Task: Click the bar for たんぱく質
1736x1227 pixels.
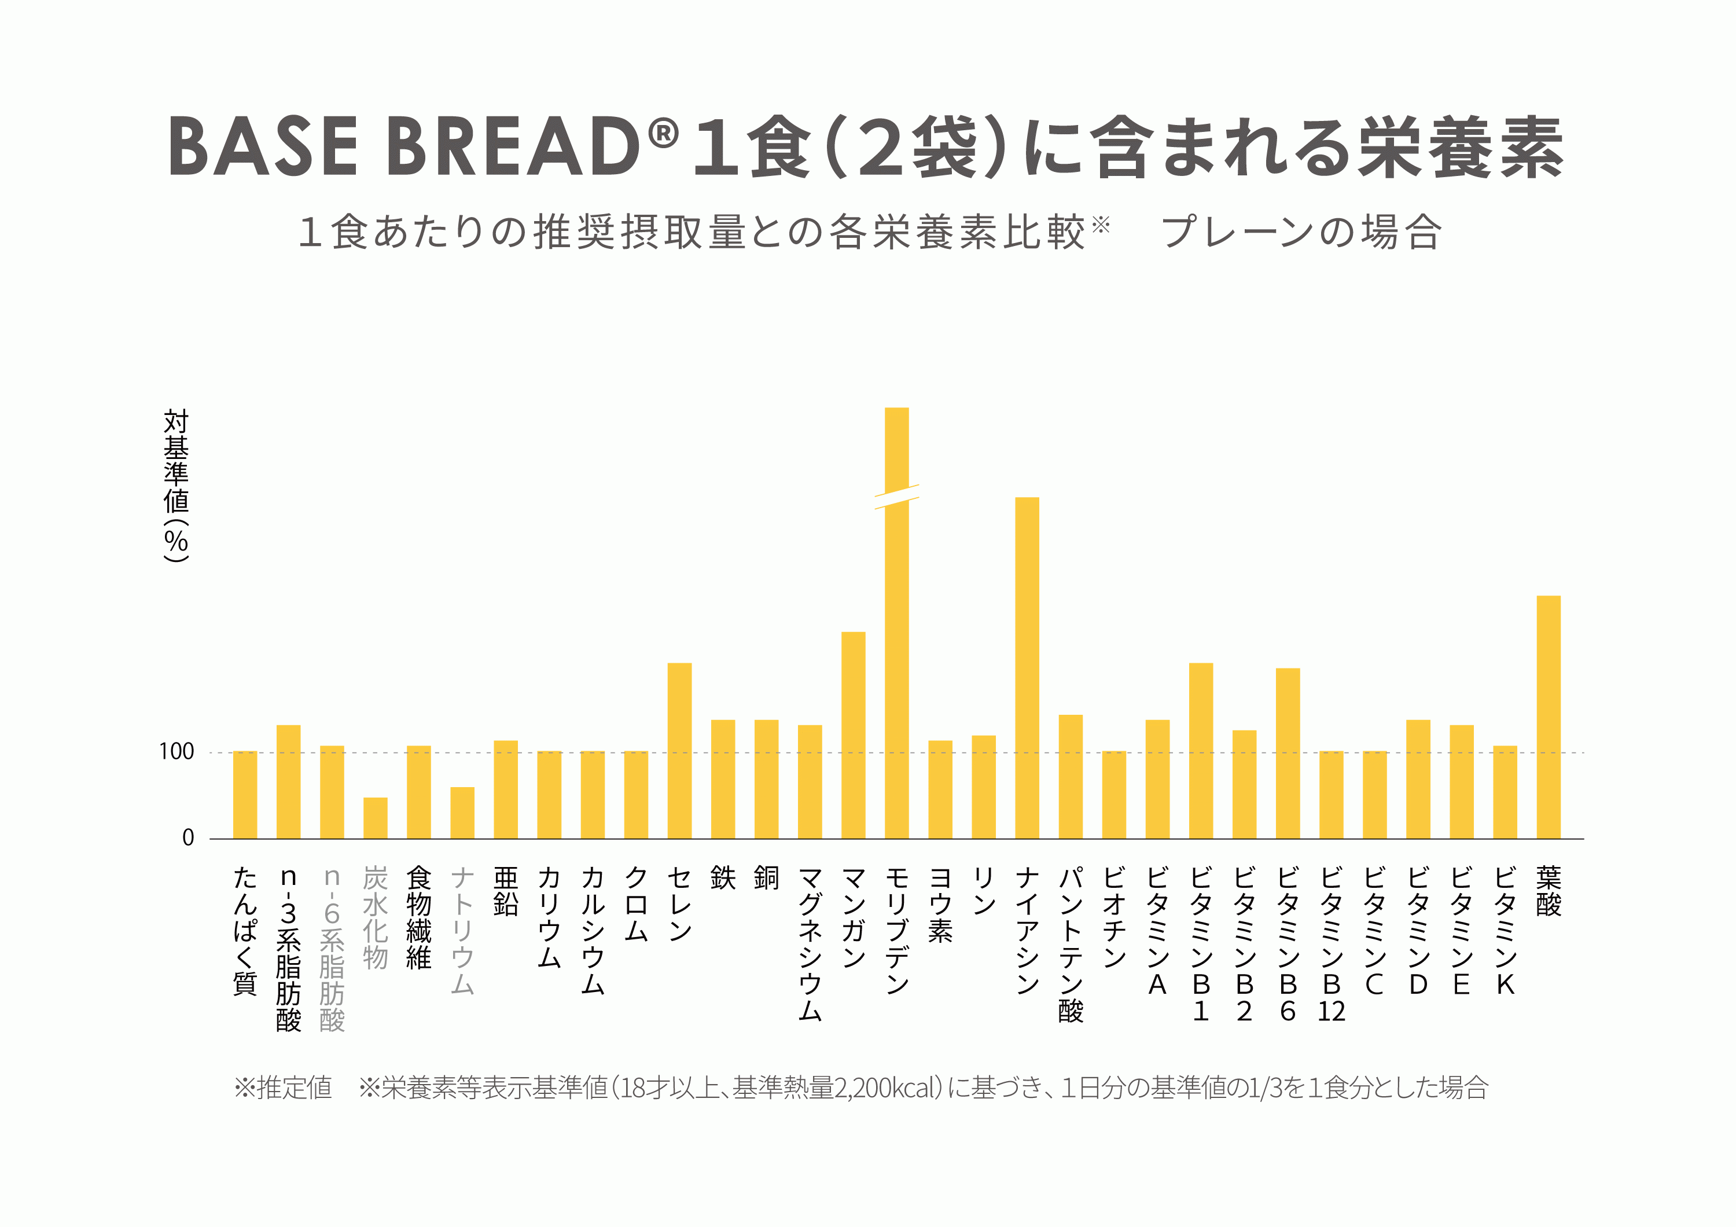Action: coord(245,795)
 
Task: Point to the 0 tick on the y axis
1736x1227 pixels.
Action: coord(187,837)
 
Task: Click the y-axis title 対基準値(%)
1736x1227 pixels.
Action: coord(176,484)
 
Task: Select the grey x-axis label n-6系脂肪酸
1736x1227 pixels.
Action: coord(332,949)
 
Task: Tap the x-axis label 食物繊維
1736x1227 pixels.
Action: coord(419,918)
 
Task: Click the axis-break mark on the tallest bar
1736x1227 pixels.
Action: coord(897,497)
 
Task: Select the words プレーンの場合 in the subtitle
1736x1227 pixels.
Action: coord(1300,232)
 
